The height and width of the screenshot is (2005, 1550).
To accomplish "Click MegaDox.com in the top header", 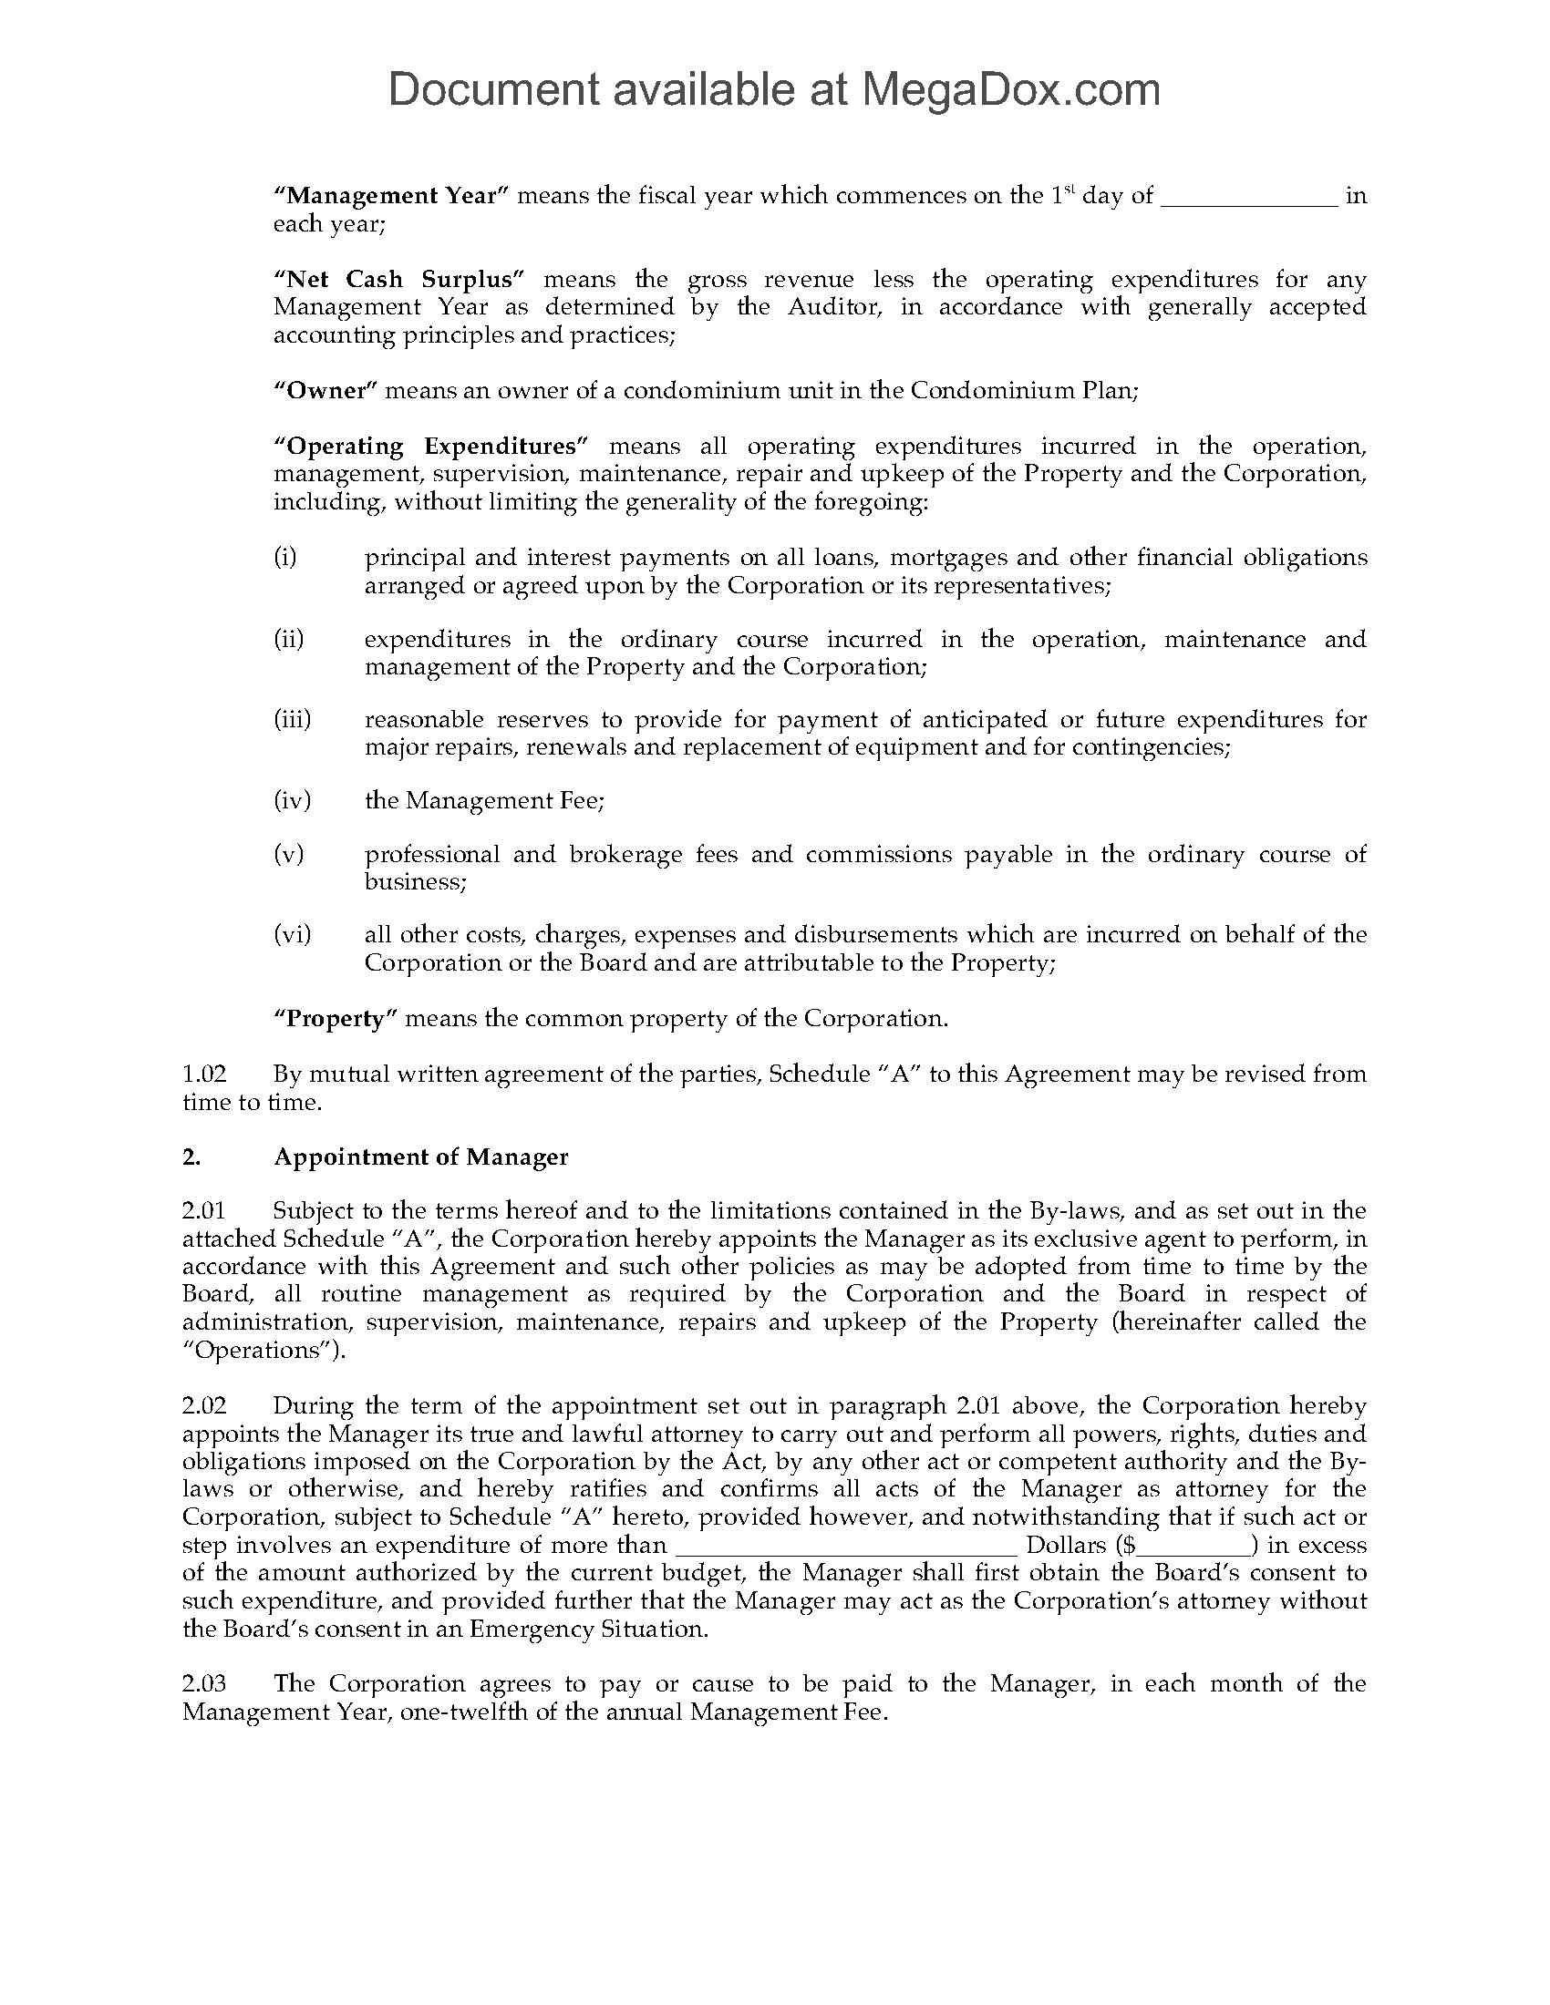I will pos(1009,90).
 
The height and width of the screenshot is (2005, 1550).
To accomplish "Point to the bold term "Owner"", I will pos(326,390).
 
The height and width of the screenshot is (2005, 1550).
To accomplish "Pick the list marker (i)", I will pos(285,557).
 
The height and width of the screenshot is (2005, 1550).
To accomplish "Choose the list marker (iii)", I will pos(292,719).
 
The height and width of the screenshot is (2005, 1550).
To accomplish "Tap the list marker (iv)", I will pos(292,800).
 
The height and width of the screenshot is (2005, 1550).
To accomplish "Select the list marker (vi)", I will pos(292,934).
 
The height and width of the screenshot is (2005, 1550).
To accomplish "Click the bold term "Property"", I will pos(336,1018).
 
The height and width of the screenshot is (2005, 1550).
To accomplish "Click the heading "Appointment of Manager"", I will pos(420,1157).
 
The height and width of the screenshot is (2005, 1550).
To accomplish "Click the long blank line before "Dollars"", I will pos(847,1546).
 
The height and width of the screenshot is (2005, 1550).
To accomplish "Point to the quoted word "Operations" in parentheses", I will pos(258,1351).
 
